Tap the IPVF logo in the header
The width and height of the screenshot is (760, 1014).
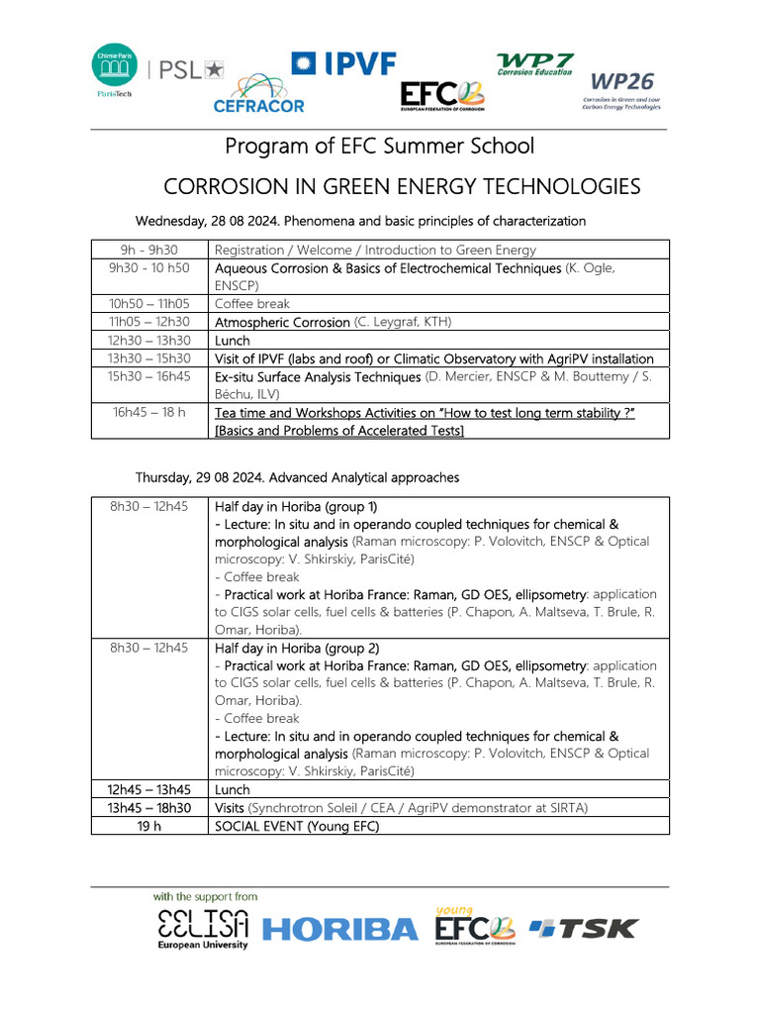click(x=343, y=64)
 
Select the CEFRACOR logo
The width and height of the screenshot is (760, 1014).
click(x=259, y=93)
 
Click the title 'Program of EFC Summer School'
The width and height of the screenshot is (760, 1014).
click(x=380, y=147)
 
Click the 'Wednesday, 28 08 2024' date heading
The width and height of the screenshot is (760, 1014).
click(x=210, y=221)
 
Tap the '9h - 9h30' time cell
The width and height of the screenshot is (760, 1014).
click(x=149, y=251)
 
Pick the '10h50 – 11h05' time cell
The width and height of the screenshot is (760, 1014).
click(x=149, y=304)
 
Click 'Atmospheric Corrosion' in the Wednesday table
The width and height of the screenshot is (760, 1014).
click(x=282, y=322)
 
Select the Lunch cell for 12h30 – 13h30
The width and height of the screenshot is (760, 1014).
click(x=233, y=340)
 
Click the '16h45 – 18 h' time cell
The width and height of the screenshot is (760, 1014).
click(x=149, y=412)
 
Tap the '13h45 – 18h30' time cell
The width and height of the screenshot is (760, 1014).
click(x=149, y=808)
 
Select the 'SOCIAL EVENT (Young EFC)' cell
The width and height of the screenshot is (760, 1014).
click(x=297, y=826)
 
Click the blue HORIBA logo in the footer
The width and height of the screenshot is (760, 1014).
click(x=341, y=929)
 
